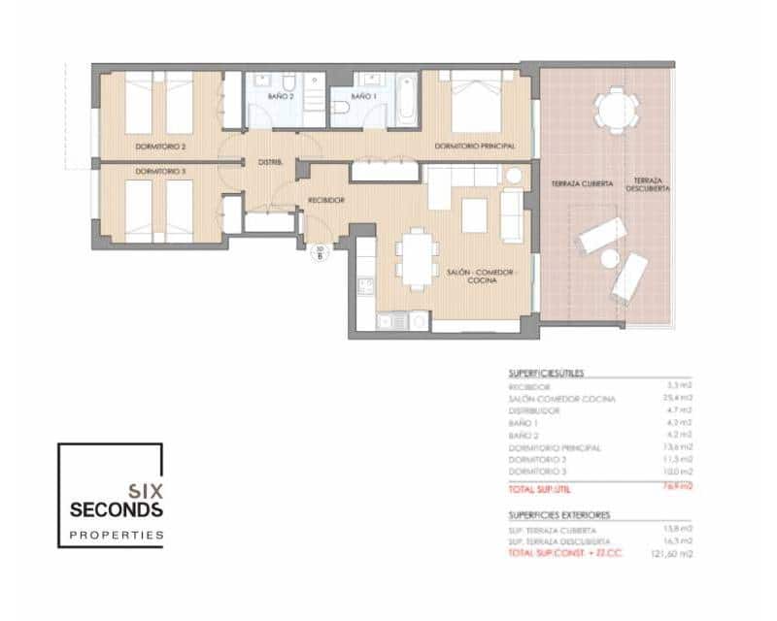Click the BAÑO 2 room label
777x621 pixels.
[281, 97]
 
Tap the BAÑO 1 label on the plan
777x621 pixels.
[361, 97]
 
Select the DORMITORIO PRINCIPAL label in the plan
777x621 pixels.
[474, 146]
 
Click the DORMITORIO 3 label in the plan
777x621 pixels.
[160, 171]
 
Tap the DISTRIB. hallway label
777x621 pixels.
[270, 162]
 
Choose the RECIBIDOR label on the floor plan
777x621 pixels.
[325, 199]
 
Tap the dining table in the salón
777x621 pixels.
[418, 257]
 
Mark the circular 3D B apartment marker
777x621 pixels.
[321, 254]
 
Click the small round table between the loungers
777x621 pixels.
[610, 259]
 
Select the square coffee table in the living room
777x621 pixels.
[474, 214]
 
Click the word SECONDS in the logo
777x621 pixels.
[117, 509]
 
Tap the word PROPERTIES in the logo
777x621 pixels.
[117, 535]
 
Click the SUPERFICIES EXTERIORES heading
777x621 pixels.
[558, 515]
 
